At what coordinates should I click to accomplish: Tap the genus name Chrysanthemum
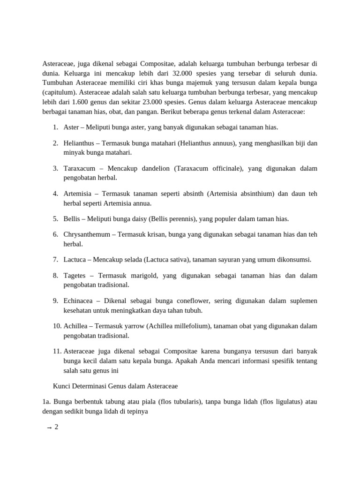pyautogui.click(x=87, y=234)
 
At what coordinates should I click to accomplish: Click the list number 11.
pyautogui.click(x=56, y=351)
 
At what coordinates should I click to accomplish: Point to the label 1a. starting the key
pyautogui.click(x=46, y=401)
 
